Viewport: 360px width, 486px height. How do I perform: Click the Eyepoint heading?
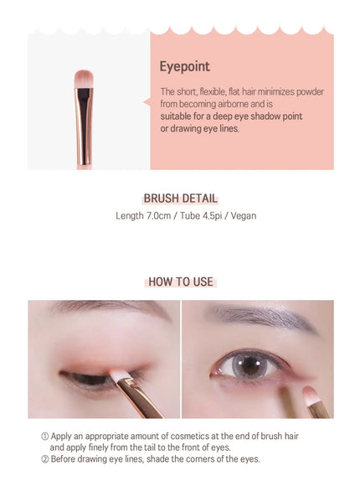[x=185, y=67]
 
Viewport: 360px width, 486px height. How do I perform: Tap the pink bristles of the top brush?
[x=84, y=79]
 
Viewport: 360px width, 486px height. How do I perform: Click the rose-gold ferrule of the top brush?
[x=84, y=127]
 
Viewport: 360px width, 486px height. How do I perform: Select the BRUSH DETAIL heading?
[x=180, y=199]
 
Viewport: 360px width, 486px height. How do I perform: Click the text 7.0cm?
[x=158, y=215]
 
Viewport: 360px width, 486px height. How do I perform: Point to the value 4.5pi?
[x=213, y=215]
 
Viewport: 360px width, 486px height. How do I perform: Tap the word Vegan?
[x=244, y=215]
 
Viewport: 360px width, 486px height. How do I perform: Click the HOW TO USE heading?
[x=181, y=282]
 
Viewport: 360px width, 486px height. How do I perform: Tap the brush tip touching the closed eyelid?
[x=118, y=375]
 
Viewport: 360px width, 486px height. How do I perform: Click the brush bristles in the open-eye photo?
[x=309, y=396]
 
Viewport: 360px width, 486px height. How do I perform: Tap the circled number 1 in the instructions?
[x=45, y=437]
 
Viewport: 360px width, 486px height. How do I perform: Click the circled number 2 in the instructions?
[x=45, y=459]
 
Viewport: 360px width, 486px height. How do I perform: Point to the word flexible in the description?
[x=213, y=91]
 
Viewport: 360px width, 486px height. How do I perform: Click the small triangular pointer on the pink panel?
[x=147, y=102]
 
